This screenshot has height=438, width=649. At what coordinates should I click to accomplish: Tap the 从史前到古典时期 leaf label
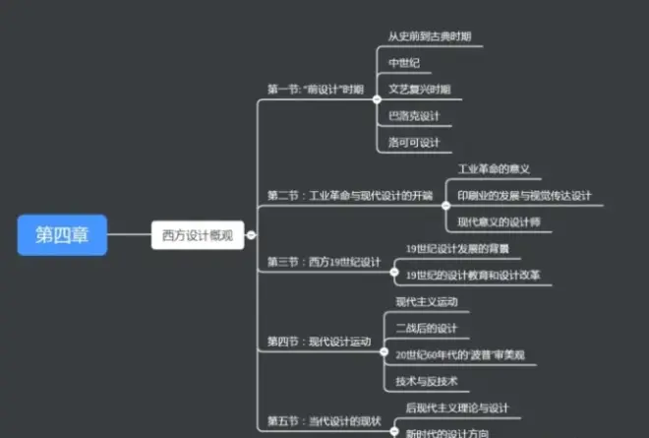tap(429, 36)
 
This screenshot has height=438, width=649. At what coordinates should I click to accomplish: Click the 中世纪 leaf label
tap(404, 63)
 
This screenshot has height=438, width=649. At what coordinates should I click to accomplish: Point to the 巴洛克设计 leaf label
tap(413, 116)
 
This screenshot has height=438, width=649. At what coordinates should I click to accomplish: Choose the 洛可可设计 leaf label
tap(413, 143)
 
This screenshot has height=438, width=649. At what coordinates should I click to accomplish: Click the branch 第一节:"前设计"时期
tap(316, 89)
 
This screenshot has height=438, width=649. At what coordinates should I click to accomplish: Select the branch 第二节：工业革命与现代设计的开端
tap(350, 196)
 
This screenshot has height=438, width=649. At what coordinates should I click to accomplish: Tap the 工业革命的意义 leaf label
tap(494, 169)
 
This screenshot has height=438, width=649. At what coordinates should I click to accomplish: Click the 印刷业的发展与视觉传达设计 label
tap(524, 196)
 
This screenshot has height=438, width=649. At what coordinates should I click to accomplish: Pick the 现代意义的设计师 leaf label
tap(500, 222)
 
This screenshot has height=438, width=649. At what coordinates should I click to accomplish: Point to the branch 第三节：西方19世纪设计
tap(324, 262)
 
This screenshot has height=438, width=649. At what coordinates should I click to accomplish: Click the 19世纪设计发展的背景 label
tap(458, 248)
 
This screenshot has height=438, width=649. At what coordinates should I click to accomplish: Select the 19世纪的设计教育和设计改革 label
tap(473, 275)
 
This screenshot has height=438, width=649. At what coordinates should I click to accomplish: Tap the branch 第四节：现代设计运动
tap(320, 342)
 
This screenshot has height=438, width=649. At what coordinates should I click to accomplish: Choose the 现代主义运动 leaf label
tap(427, 301)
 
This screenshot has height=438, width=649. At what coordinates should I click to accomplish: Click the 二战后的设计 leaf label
tap(425, 328)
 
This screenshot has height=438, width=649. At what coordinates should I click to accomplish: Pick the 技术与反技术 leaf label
tap(426, 381)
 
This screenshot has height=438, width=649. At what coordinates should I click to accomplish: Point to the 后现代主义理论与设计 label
tap(457, 407)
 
